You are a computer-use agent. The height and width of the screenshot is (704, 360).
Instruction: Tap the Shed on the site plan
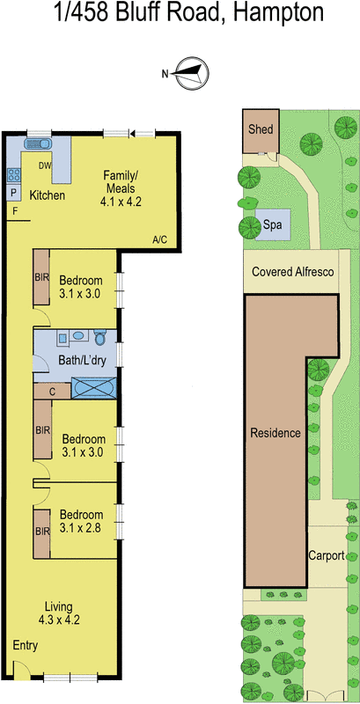(261, 129)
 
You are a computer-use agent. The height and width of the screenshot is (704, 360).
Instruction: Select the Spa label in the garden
(273, 225)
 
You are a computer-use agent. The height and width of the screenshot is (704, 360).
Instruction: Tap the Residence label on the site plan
(276, 433)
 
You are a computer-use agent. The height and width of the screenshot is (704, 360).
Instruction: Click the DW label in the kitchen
(46, 165)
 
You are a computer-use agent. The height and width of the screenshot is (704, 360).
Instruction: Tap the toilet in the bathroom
(100, 338)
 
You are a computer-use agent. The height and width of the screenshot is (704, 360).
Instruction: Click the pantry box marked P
(14, 193)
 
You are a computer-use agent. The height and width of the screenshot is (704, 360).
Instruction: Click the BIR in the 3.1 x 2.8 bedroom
(42, 532)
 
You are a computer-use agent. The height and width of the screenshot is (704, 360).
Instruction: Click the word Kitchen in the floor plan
(48, 194)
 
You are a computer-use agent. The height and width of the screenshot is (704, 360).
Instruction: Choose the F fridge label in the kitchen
(14, 212)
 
